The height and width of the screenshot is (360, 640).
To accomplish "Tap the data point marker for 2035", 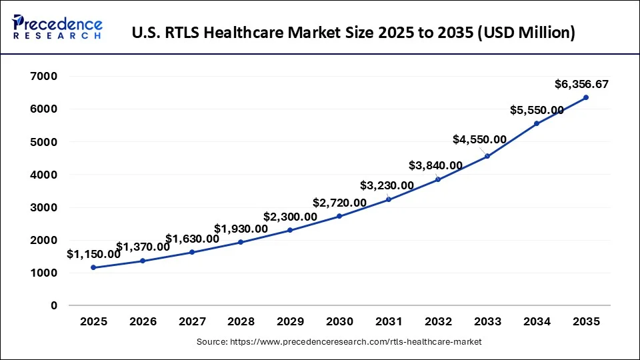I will coord(586,97).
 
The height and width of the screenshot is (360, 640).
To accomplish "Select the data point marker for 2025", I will coord(93,267).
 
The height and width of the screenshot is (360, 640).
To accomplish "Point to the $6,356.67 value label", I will coord(581,84).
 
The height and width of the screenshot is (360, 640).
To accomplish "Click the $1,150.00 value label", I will coord(93,254).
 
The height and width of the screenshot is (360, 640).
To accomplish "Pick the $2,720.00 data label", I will coord(339,203).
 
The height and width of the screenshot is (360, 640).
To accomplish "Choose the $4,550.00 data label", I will coord(479,139).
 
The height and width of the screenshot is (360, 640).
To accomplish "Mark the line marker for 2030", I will coord(339,216).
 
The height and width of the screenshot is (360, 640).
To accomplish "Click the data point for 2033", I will coord(487,156).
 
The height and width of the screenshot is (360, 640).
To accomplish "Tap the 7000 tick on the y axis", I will coord(44,77).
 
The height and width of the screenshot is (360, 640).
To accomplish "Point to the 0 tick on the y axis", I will coord(53,306).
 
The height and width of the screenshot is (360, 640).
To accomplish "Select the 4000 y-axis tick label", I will coord(44,175).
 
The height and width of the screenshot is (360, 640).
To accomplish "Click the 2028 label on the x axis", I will coord(241,321).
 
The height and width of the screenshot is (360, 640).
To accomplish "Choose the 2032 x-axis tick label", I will coord(438,321).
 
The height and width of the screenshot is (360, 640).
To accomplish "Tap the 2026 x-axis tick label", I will coord(143,321).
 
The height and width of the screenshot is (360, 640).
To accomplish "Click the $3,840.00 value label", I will coord(435,165).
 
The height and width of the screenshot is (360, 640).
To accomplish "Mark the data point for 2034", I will coord(537,123).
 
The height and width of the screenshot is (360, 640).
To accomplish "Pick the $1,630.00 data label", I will coord(192,239).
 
